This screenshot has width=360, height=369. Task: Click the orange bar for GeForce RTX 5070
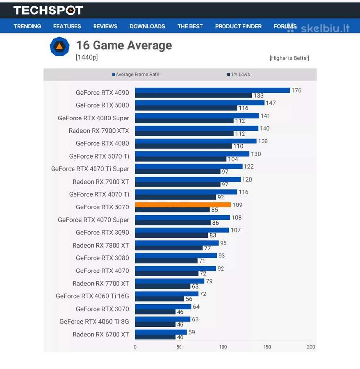[183, 205]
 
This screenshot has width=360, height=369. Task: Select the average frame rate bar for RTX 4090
[212, 90]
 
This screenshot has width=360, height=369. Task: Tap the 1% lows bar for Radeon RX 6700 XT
[155, 337]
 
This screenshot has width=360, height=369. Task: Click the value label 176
[296, 90]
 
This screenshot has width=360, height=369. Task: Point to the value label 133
[258, 96]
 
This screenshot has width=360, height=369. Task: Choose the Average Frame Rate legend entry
[136, 74]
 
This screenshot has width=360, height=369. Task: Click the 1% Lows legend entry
[238, 74]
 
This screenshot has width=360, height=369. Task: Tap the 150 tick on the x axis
[267, 347]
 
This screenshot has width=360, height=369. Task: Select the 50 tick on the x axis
[179, 347]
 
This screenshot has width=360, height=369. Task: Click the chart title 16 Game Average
[124, 45]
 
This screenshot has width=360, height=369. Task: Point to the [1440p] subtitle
[87, 57]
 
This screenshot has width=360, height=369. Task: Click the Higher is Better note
[289, 58]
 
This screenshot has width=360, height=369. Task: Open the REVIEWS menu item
[105, 26]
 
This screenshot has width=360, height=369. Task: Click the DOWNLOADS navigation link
[147, 26]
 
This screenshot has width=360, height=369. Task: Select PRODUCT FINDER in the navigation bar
[238, 26]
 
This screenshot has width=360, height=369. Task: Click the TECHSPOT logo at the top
[48, 10]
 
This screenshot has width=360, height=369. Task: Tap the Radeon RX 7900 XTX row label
[99, 131]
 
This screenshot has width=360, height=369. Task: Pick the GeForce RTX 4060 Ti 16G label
[92, 296]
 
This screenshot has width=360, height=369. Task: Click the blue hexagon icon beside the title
[59, 46]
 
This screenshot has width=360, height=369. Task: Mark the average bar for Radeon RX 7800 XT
[177, 243]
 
